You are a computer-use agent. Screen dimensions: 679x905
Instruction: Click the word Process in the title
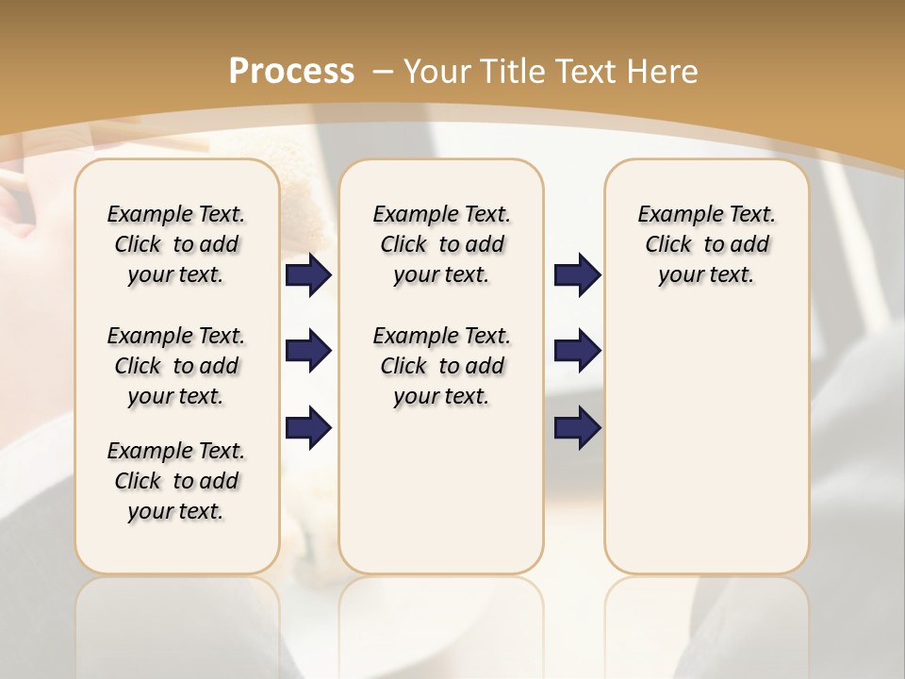pyautogui.click(x=291, y=72)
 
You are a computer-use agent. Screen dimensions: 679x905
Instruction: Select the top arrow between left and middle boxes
pyautogui.click(x=308, y=274)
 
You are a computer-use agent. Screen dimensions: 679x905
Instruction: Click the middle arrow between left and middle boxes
pyautogui.click(x=308, y=352)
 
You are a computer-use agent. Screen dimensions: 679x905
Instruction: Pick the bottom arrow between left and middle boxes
pyautogui.click(x=308, y=428)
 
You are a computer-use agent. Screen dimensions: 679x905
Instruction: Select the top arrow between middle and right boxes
pyautogui.click(x=577, y=274)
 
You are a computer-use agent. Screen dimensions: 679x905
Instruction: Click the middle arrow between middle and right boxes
pyautogui.click(x=577, y=352)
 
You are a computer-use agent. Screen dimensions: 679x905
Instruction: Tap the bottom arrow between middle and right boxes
pyautogui.click(x=577, y=428)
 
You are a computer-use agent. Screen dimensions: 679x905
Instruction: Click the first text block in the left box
pyautogui.click(x=176, y=244)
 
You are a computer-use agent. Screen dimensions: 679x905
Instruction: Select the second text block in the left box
pyautogui.click(x=176, y=366)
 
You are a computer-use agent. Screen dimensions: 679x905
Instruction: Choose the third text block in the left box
pyautogui.click(x=176, y=481)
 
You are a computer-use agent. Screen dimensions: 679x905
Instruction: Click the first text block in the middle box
pyautogui.click(x=441, y=244)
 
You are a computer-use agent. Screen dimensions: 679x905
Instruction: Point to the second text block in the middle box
pyautogui.click(x=441, y=366)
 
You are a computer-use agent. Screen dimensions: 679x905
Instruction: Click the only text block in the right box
pyautogui.click(x=707, y=244)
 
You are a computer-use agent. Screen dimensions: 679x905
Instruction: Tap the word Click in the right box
pyautogui.click(x=668, y=245)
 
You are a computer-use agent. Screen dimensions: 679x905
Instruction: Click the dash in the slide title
pyautogui.click(x=383, y=72)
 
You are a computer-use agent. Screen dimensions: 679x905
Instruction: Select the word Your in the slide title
pyautogui.click(x=438, y=72)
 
